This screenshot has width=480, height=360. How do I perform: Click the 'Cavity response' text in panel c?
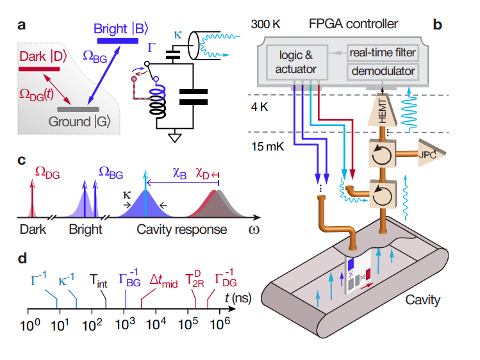tap(182, 229)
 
